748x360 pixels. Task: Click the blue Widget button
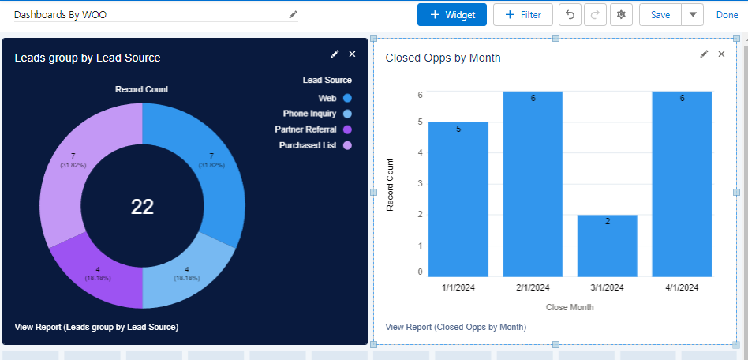(x=447, y=15)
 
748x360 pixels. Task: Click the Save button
(x=660, y=15)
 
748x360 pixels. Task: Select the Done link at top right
(x=727, y=15)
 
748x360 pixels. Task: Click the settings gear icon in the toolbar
(x=622, y=15)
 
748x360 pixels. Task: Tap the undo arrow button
(x=570, y=15)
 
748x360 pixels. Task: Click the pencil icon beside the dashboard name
(x=294, y=14)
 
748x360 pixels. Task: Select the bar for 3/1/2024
(x=607, y=246)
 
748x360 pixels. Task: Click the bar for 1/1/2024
(x=458, y=199)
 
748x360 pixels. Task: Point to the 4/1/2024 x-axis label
(x=682, y=288)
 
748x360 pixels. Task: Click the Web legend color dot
(x=347, y=99)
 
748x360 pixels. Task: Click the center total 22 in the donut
(x=142, y=207)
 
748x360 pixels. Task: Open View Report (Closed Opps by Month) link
(x=455, y=327)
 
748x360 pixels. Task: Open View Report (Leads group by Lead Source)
(x=96, y=327)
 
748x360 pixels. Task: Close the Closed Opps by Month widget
(x=721, y=54)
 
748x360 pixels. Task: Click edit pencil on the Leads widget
(x=335, y=54)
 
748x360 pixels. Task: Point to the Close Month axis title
(x=570, y=307)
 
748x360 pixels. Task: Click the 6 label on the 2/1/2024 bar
(x=533, y=98)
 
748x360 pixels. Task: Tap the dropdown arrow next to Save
(x=693, y=15)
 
